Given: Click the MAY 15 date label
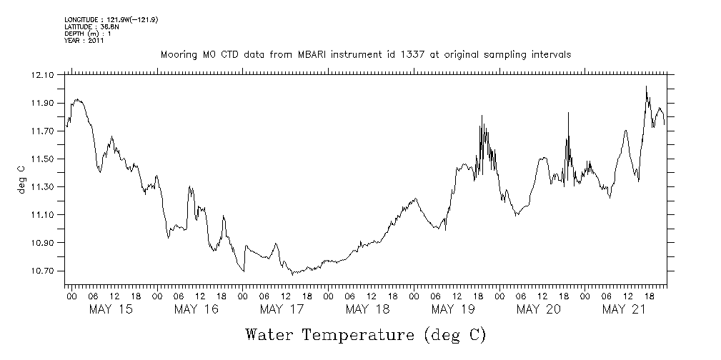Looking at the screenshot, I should [x=110, y=309].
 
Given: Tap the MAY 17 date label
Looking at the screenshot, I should [x=282, y=309].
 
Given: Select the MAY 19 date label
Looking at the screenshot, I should [x=453, y=309].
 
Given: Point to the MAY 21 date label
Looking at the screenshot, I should [x=624, y=309].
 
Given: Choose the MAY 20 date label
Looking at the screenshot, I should [x=539, y=309].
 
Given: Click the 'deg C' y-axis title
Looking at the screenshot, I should [x=21, y=179].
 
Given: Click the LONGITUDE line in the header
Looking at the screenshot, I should [x=111, y=19].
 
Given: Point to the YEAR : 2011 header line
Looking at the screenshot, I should [x=84, y=41].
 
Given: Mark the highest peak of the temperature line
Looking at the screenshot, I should [x=646, y=86].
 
